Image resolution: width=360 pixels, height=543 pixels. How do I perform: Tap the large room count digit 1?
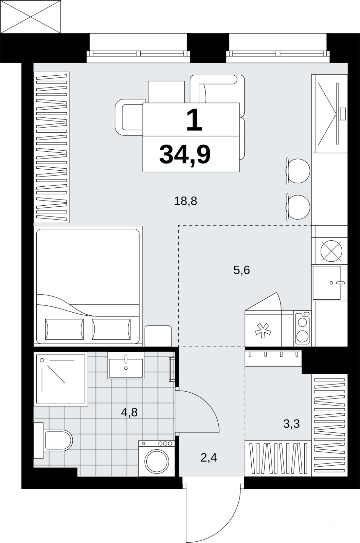194,120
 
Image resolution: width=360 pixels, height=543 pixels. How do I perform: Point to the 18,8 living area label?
185,201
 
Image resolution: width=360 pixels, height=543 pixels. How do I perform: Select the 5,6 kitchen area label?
241,270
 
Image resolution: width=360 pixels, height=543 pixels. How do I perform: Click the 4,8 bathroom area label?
129,412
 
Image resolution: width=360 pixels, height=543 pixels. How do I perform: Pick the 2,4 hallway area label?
209,458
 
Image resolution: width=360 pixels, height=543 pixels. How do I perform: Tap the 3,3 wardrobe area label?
291,424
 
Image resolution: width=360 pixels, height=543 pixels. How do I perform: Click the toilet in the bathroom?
53,440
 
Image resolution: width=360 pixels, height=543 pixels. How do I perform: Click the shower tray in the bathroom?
61,379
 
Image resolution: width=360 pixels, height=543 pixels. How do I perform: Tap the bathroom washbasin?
126,365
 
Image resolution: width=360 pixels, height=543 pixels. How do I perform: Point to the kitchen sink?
327,283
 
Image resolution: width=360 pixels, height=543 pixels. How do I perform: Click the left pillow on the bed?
65,329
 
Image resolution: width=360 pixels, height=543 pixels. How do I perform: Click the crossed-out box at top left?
30,17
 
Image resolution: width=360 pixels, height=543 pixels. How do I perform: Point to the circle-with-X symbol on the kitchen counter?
331,251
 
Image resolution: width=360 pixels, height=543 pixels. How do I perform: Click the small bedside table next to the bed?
158,336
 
